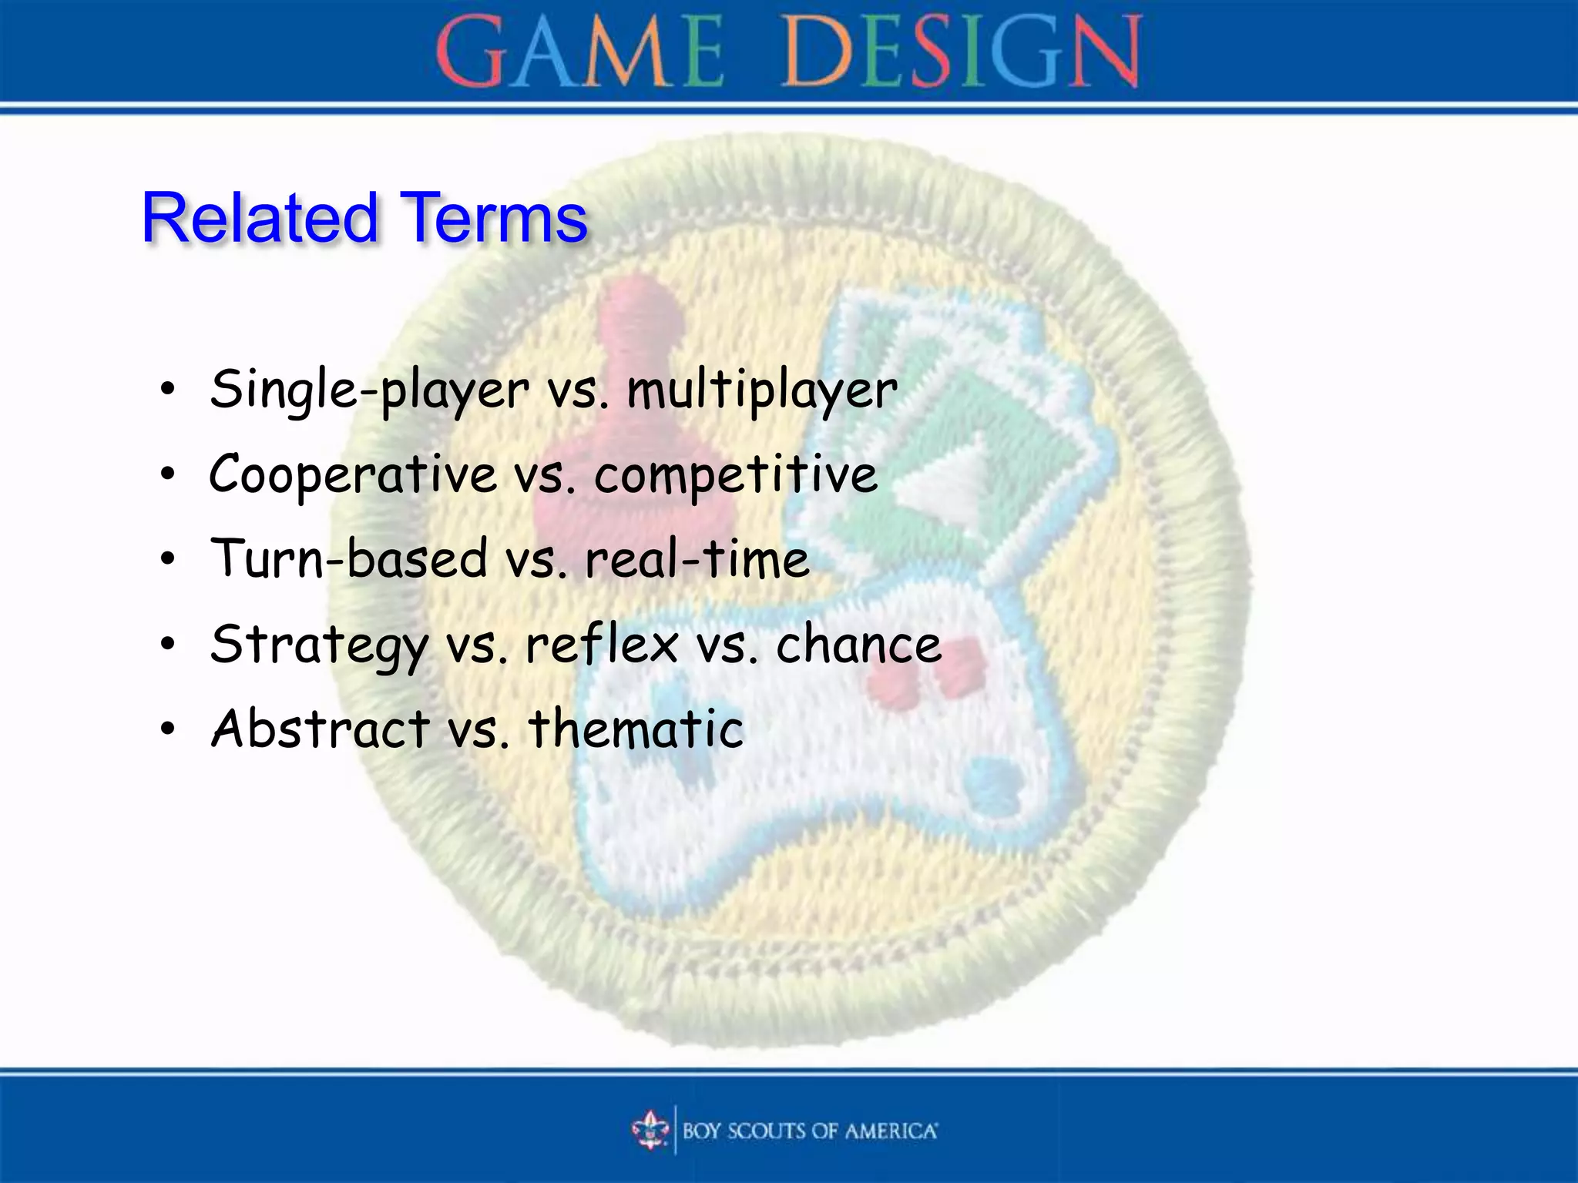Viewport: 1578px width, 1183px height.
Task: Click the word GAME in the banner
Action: (x=579, y=52)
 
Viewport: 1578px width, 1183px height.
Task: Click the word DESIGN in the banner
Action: (x=961, y=52)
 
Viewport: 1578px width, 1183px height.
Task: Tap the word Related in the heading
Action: (x=260, y=218)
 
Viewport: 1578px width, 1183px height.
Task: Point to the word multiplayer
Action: (x=761, y=390)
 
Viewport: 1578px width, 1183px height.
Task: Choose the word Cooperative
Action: (x=352, y=474)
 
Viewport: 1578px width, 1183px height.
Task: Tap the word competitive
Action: (x=735, y=476)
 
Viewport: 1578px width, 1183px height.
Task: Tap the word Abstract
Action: (x=321, y=729)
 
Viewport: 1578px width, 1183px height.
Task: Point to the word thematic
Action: (x=636, y=729)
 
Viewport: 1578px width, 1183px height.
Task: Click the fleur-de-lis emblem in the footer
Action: (x=650, y=1130)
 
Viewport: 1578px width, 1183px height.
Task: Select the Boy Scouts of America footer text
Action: (x=809, y=1131)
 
